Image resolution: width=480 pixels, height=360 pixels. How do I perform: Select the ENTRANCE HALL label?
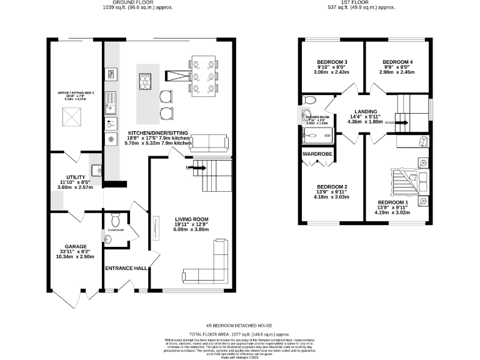tap(126, 268)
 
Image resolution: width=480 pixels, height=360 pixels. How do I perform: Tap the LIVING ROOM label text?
tap(191, 219)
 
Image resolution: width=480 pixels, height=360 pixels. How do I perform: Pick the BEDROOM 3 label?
tap(324, 62)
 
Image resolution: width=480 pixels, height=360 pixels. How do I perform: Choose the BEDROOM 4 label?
tap(397, 62)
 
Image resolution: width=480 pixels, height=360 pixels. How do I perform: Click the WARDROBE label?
tap(317, 153)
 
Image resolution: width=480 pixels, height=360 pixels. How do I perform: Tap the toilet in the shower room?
tap(309, 100)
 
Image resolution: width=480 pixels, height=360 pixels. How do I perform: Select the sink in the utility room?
tap(97, 170)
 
